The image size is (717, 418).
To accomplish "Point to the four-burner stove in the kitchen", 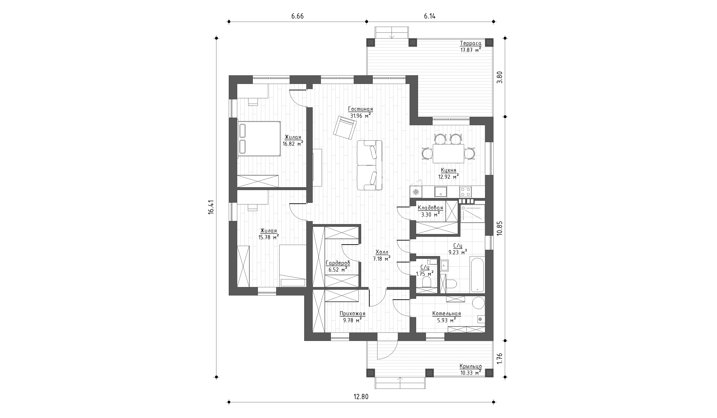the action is (x=465, y=192).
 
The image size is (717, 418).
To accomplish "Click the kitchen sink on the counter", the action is (x=440, y=192).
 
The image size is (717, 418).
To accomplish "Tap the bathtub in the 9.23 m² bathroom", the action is (x=477, y=274).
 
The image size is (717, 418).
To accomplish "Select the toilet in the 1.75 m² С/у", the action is (x=426, y=282).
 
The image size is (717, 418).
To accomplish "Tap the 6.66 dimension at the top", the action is (x=297, y=16).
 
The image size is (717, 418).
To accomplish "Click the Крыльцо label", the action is (x=471, y=366).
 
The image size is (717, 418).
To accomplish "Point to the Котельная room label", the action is (x=446, y=314).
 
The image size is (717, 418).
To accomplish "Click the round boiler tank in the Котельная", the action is (x=478, y=303).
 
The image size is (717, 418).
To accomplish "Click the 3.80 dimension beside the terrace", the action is (x=500, y=77).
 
